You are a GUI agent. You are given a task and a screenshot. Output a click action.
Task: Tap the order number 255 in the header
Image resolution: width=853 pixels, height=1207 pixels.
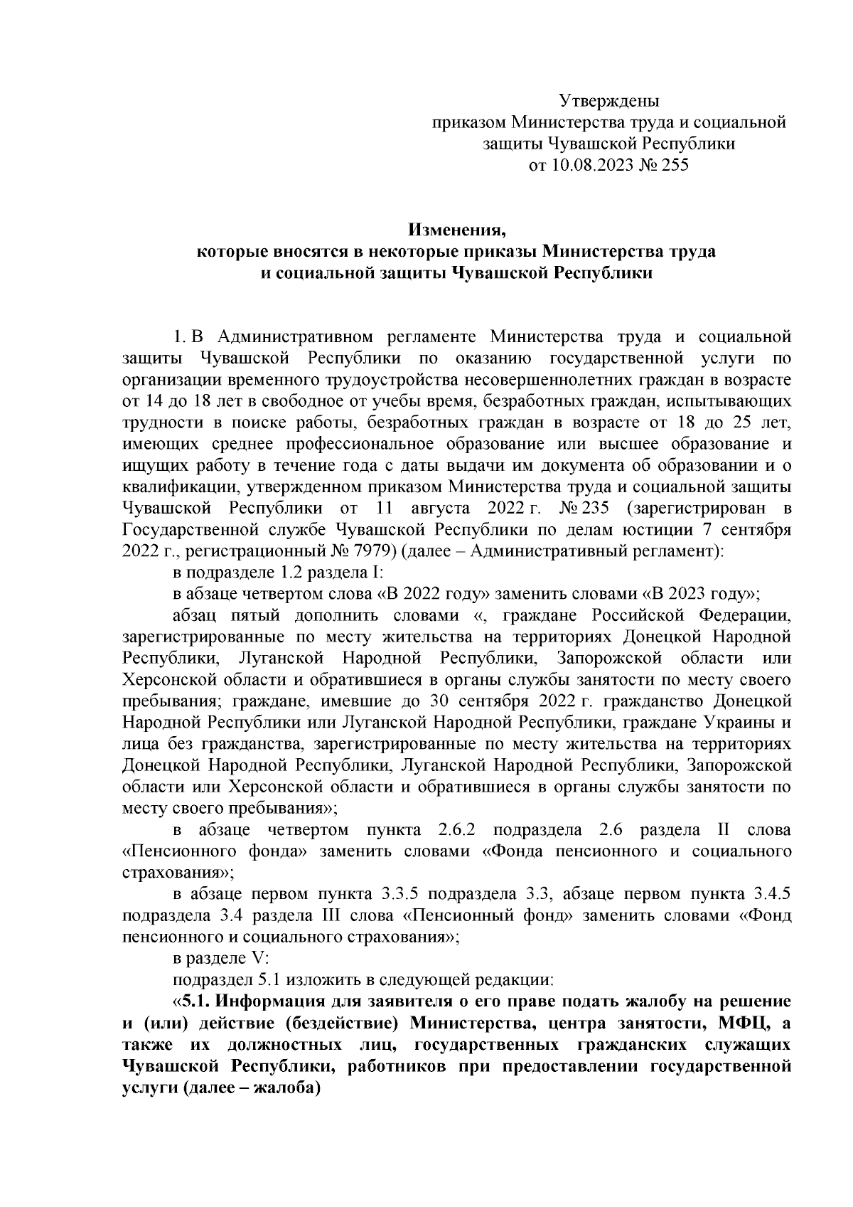(675, 166)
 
